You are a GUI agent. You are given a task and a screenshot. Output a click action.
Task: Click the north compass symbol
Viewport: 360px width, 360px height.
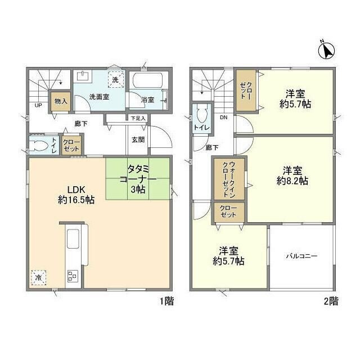pyautogui.click(x=327, y=51)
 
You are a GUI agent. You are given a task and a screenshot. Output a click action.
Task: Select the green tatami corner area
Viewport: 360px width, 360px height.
pyautogui.click(x=137, y=178)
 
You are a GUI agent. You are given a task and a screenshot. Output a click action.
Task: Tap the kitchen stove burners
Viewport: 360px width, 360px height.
pyautogui.click(x=73, y=276)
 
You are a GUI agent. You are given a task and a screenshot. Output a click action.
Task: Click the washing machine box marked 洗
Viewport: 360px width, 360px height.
pyautogui.click(x=116, y=80)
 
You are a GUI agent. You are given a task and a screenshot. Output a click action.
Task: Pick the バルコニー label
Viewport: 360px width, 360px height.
pyautogui.click(x=301, y=255)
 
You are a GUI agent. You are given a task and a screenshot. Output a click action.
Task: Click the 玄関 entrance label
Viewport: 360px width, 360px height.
pyautogui.click(x=138, y=139)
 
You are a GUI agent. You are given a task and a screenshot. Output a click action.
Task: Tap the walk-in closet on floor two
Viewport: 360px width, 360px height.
pyautogui.click(x=228, y=178)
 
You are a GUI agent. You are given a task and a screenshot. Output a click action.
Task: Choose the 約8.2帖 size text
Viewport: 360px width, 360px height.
pyautogui.click(x=291, y=181)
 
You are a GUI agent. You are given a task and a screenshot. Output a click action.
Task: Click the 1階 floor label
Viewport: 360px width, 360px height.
pyautogui.click(x=165, y=301)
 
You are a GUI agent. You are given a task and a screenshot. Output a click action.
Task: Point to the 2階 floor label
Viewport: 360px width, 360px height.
pyautogui.click(x=331, y=301)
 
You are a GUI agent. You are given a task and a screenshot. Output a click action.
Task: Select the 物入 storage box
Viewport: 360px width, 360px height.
pyautogui.click(x=60, y=102)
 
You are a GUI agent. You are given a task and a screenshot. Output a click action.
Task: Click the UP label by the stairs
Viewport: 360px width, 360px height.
pyautogui.click(x=38, y=105)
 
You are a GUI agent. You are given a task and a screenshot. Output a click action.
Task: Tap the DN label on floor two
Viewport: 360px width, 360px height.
pyautogui.click(x=223, y=118)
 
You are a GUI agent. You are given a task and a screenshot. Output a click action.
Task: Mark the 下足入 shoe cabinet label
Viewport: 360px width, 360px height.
pyautogui.click(x=138, y=119)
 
